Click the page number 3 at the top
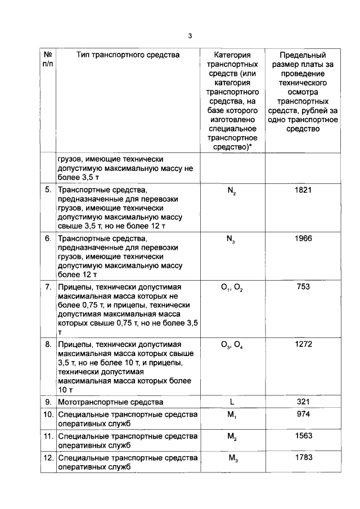(x=190, y=36)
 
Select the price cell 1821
(x=303, y=190)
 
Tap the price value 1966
(x=303, y=238)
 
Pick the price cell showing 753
(x=303, y=287)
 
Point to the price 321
(x=303, y=402)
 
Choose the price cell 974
(x=303, y=415)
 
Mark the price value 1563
(x=303, y=436)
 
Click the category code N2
(x=232, y=191)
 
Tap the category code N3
(x=232, y=240)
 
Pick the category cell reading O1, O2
(x=232, y=288)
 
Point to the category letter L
(x=232, y=402)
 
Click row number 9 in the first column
(x=49, y=402)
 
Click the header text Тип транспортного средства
(x=128, y=55)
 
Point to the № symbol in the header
(x=48, y=55)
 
